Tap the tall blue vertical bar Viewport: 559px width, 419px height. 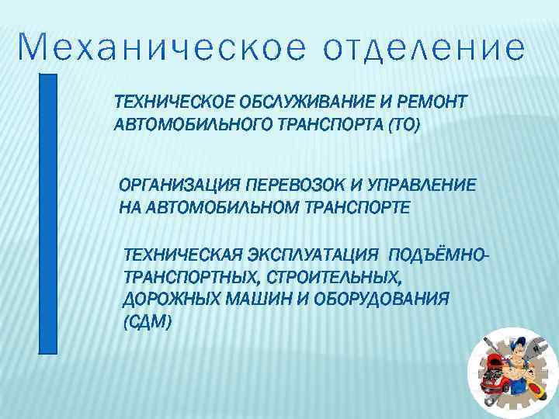click(x=48, y=213)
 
